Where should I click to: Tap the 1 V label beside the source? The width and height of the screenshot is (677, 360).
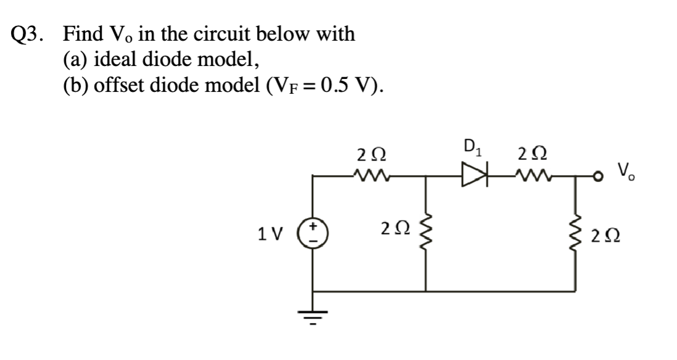[270, 234]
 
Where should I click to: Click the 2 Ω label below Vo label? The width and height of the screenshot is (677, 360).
[610, 235]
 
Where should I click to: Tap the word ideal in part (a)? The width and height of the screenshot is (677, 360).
[115, 59]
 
